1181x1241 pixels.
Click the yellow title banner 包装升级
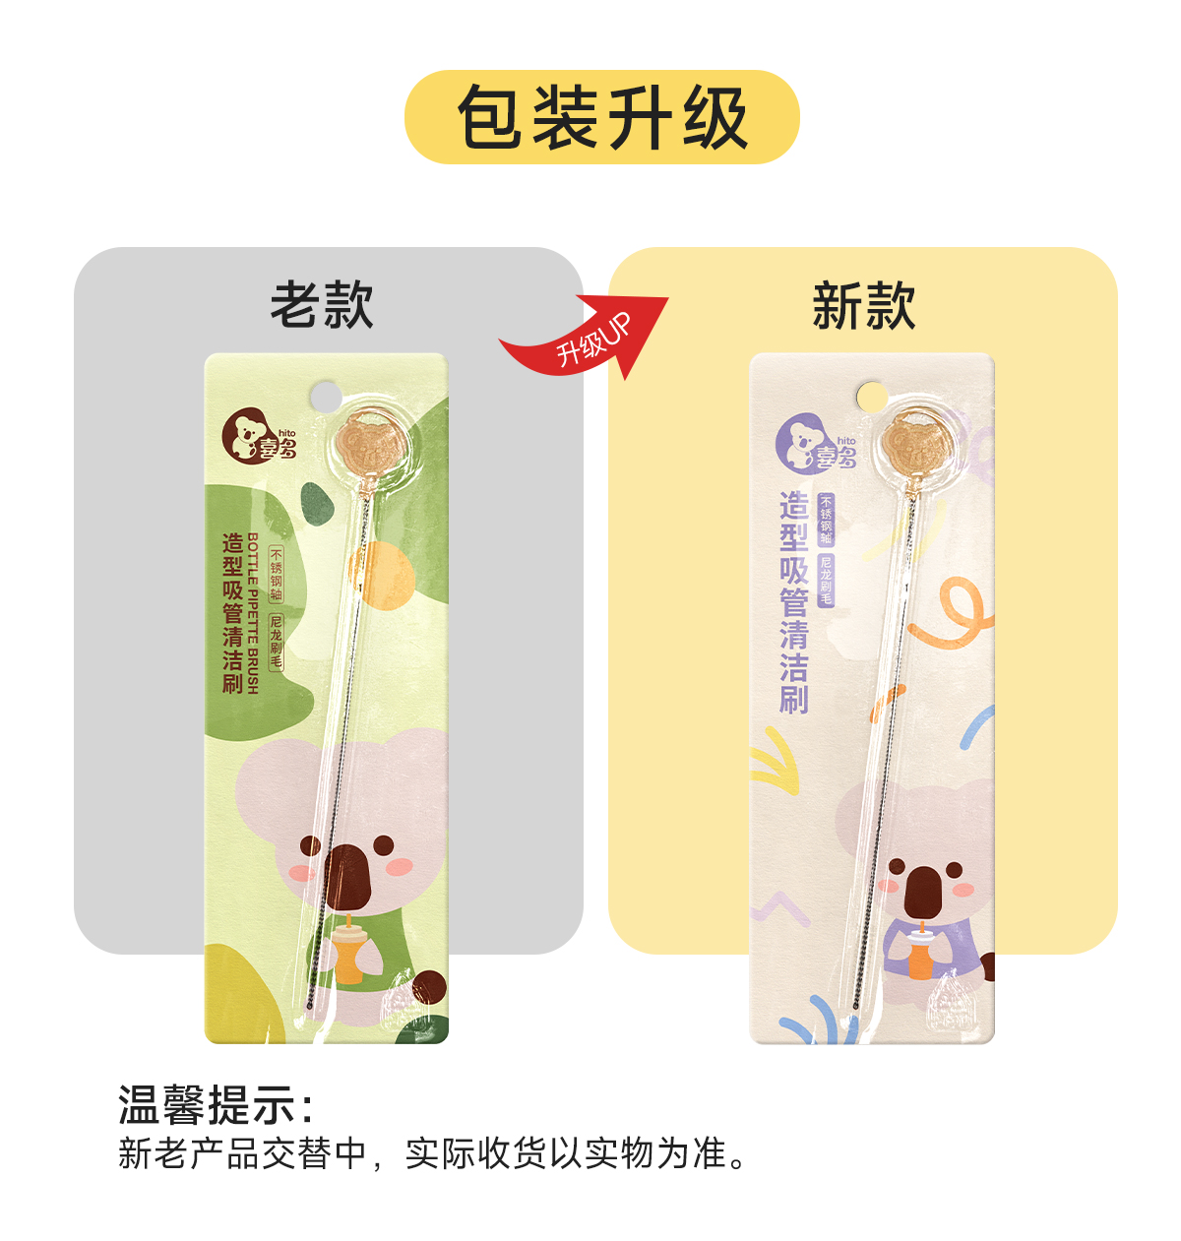pos(601,117)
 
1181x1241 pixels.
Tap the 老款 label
pos(322,304)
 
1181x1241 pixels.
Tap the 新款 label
pos(863,305)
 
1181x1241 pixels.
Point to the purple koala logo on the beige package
pos(802,441)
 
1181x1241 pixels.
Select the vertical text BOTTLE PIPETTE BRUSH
pos(253,613)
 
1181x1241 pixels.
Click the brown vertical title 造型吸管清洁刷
pos(232,613)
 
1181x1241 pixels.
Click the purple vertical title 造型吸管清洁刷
pos(793,602)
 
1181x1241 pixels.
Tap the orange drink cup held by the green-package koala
pos(349,954)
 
